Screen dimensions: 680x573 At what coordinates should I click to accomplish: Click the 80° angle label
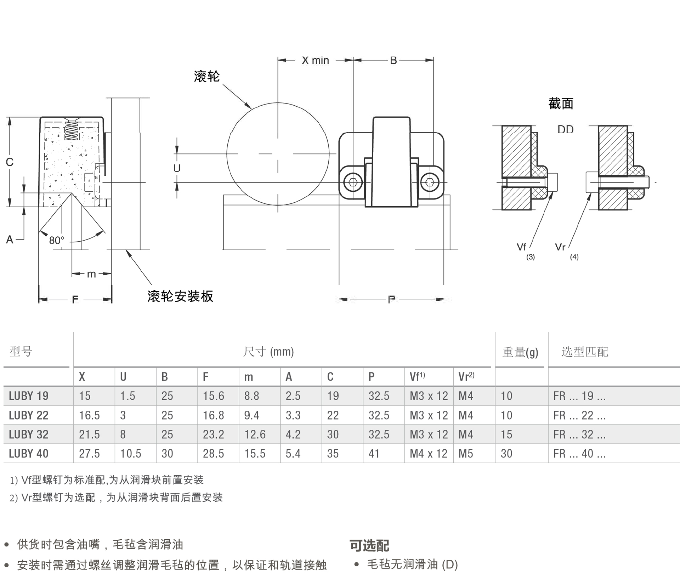pyautogui.click(x=57, y=240)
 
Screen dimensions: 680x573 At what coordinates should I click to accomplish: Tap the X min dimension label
pyautogui.click(x=315, y=61)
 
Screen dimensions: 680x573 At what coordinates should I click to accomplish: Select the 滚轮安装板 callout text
pyautogui.click(x=180, y=296)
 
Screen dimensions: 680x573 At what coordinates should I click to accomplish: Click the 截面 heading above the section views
pyautogui.click(x=561, y=103)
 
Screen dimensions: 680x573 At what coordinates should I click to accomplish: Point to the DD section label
pyautogui.click(x=565, y=130)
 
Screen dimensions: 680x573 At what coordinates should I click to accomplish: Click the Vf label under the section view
pyautogui.click(x=521, y=247)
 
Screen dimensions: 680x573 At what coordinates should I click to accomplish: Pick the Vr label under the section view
pyautogui.click(x=560, y=247)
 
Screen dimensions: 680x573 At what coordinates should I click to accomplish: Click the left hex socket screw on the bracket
pyautogui.click(x=353, y=182)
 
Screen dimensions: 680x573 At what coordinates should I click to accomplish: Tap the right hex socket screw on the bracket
pyautogui.click(x=430, y=182)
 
